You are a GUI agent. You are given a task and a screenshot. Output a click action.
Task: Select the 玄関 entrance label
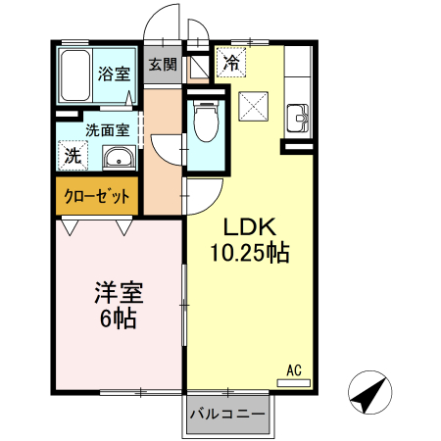(163, 65)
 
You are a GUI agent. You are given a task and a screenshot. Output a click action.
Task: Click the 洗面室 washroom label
(107, 128)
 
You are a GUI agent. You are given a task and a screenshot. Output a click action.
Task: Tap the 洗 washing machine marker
(73, 155)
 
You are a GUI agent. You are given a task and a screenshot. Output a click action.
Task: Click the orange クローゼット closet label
(97, 196)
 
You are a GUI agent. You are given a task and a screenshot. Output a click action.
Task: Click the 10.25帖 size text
(249, 252)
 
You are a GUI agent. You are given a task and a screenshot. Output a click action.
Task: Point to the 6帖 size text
(116, 318)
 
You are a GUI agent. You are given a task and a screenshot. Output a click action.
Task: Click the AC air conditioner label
(293, 369)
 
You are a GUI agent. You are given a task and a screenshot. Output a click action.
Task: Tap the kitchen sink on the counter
(298, 122)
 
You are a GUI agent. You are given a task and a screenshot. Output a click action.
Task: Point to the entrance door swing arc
(162, 24)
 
